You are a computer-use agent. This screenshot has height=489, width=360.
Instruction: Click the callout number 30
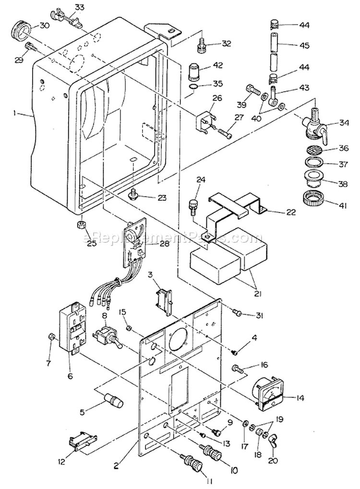pyautogui.click(x=44, y=25)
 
